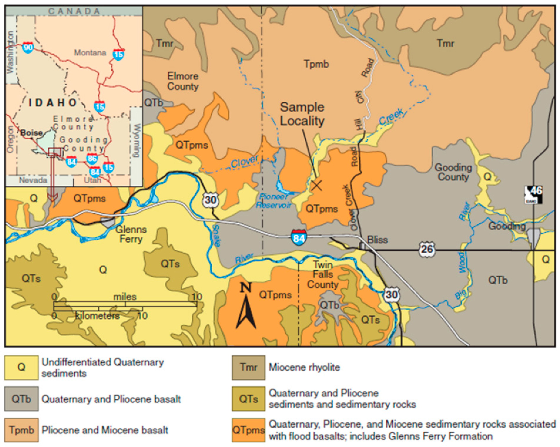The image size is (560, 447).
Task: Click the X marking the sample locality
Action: (317, 185)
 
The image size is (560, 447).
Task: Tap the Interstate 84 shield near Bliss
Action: (298, 236)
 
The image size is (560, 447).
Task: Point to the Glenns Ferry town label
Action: (131, 234)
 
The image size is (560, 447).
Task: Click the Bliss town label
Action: (377, 240)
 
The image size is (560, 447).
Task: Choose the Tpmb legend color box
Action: (21, 430)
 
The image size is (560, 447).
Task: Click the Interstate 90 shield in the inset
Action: (28, 48)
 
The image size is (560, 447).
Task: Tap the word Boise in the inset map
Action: (31, 133)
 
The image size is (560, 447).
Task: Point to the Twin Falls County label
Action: (323, 275)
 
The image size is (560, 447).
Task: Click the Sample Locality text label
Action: (302, 114)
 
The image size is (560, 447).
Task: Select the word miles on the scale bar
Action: (125, 297)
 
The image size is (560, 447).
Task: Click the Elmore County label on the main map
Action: (183, 81)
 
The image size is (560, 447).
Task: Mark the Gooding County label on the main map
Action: (453, 172)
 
